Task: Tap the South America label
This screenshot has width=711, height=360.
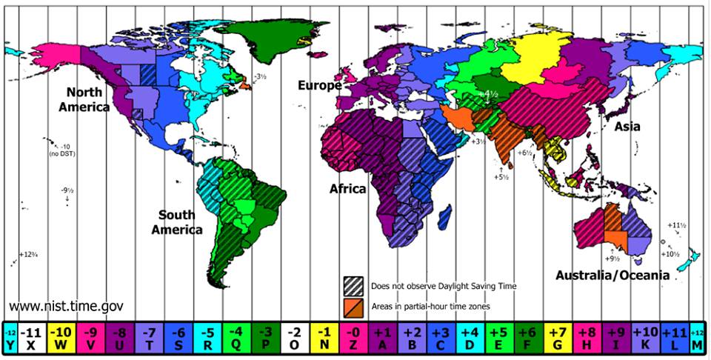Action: tap(177, 222)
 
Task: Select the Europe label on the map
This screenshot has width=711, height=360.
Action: tap(319, 85)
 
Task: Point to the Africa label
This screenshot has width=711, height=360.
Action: tap(347, 189)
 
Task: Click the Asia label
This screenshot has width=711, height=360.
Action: tap(627, 127)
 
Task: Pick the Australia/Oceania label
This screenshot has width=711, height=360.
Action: tap(612, 275)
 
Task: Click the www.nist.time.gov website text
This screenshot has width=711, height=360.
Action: tap(66, 306)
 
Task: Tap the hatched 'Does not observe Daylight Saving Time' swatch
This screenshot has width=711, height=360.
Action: tap(352, 285)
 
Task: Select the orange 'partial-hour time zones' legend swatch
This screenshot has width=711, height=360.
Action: tap(352, 304)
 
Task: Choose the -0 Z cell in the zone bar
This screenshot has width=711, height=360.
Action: tap(350, 338)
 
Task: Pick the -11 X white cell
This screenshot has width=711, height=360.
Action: tap(30, 338)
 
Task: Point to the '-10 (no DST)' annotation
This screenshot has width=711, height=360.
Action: tap(59, 150)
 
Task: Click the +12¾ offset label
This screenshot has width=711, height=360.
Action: tap(28, 253)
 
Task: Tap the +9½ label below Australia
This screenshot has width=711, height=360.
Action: tap(612, 259)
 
